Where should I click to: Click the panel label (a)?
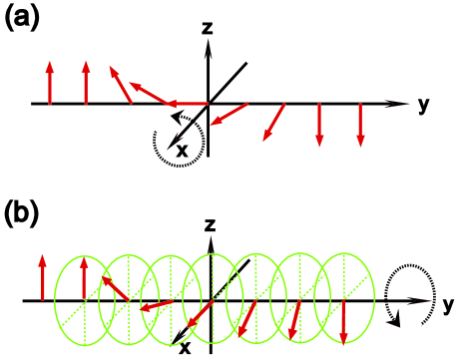[x=22, y=19]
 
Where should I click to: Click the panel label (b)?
[x=22, y=213]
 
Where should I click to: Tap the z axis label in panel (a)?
[x=208, y=29]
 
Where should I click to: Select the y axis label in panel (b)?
[x=448, y=301]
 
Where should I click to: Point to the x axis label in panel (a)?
[x=182, y=151]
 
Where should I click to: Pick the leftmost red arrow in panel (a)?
[x=49, y=82]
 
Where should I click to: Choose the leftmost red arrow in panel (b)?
[x=42, y=277]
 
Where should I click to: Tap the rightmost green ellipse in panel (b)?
[x=343, y=299]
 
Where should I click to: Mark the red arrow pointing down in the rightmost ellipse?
[x=343, y=320]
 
